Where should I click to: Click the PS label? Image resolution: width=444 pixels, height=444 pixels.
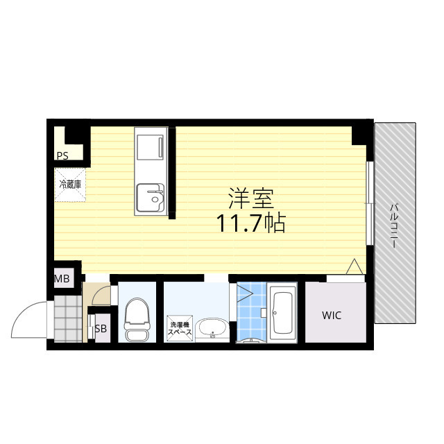click(x=62, y=156)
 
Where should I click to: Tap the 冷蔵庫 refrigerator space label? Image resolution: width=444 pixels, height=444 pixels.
click(x=70, y=185)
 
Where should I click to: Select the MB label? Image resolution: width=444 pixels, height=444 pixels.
click(x=62, y=280)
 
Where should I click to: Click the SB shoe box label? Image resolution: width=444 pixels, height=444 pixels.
click(x=101, y=329)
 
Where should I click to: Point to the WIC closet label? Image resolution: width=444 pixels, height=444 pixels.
click(x=332, y=316)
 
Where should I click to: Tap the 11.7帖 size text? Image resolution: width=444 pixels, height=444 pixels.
click(x=250, y=223)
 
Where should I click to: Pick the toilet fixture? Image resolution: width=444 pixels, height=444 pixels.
click(x=136, y=321)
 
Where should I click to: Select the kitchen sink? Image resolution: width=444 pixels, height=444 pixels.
click(x=150, y=196)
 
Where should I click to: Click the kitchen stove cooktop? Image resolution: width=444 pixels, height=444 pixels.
click(x=151, y=148)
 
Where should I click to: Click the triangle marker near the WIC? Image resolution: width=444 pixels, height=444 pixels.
click(x=354, y=266)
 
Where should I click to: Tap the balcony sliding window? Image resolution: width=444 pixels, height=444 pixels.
click(x=370, y=203)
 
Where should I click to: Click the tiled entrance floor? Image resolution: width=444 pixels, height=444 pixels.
click(x=67, y=319)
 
